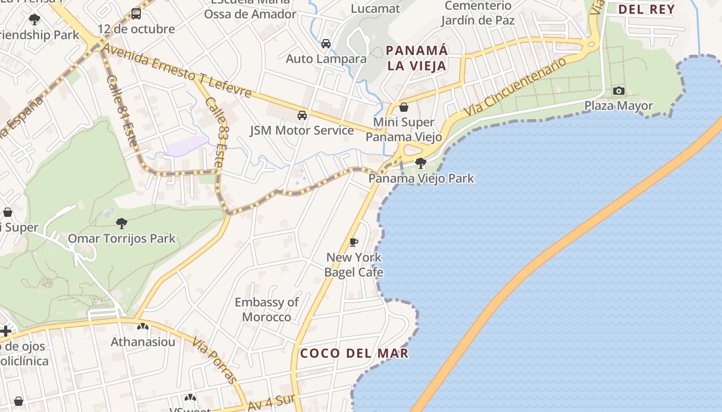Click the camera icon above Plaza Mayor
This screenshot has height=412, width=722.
coord(618,91)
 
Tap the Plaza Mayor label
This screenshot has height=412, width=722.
coord(618,106)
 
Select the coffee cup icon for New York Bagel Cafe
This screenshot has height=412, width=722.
coord(354,242)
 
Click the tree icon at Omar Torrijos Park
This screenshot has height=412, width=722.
coord(122,224)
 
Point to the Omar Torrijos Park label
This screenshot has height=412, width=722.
coord(122,239)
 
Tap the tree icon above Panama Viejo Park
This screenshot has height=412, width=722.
coord(421,164)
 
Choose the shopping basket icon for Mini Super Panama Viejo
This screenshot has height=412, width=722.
coord(404,107)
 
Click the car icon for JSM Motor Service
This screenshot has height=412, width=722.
coord(302,115)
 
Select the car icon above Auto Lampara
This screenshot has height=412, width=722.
coord(326,44)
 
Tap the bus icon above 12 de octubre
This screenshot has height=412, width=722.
coord(136,14)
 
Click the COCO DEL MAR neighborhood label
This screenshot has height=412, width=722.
coord(354,353)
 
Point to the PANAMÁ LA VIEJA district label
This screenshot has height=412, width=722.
coord(417,58)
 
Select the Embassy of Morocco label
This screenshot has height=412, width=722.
coord(267,310)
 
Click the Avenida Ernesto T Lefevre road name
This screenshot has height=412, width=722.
coord(177,71)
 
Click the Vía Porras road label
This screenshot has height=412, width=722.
coord(215,360)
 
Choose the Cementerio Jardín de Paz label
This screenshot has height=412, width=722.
coord(478,13)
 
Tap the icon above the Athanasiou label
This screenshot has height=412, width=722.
coord(143,327)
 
